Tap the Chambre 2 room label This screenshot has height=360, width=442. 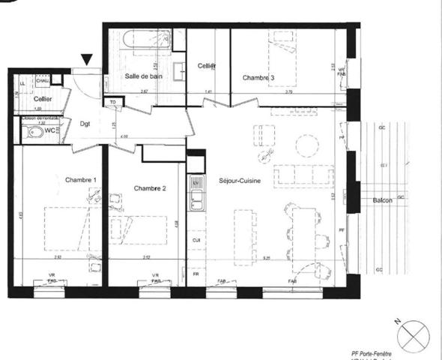click(x=149, y=187)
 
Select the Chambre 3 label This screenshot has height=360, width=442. click(x=258, y=78)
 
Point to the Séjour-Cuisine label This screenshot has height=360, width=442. click(x=240, y=181)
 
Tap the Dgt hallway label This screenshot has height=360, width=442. click(x=85, y=124)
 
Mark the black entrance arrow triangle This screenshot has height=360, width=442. click(x=88, y=59)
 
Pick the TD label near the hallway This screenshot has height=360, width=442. click(x=112, y=102)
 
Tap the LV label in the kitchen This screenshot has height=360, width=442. click(x=196, y=183)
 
